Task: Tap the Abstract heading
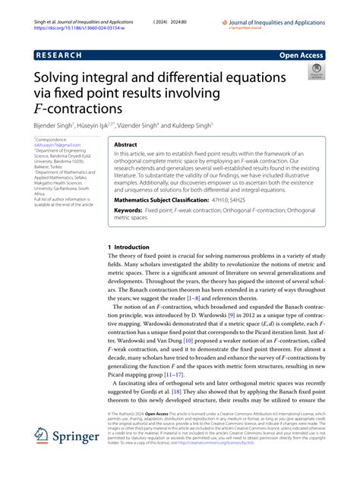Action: tap(125, 143)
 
